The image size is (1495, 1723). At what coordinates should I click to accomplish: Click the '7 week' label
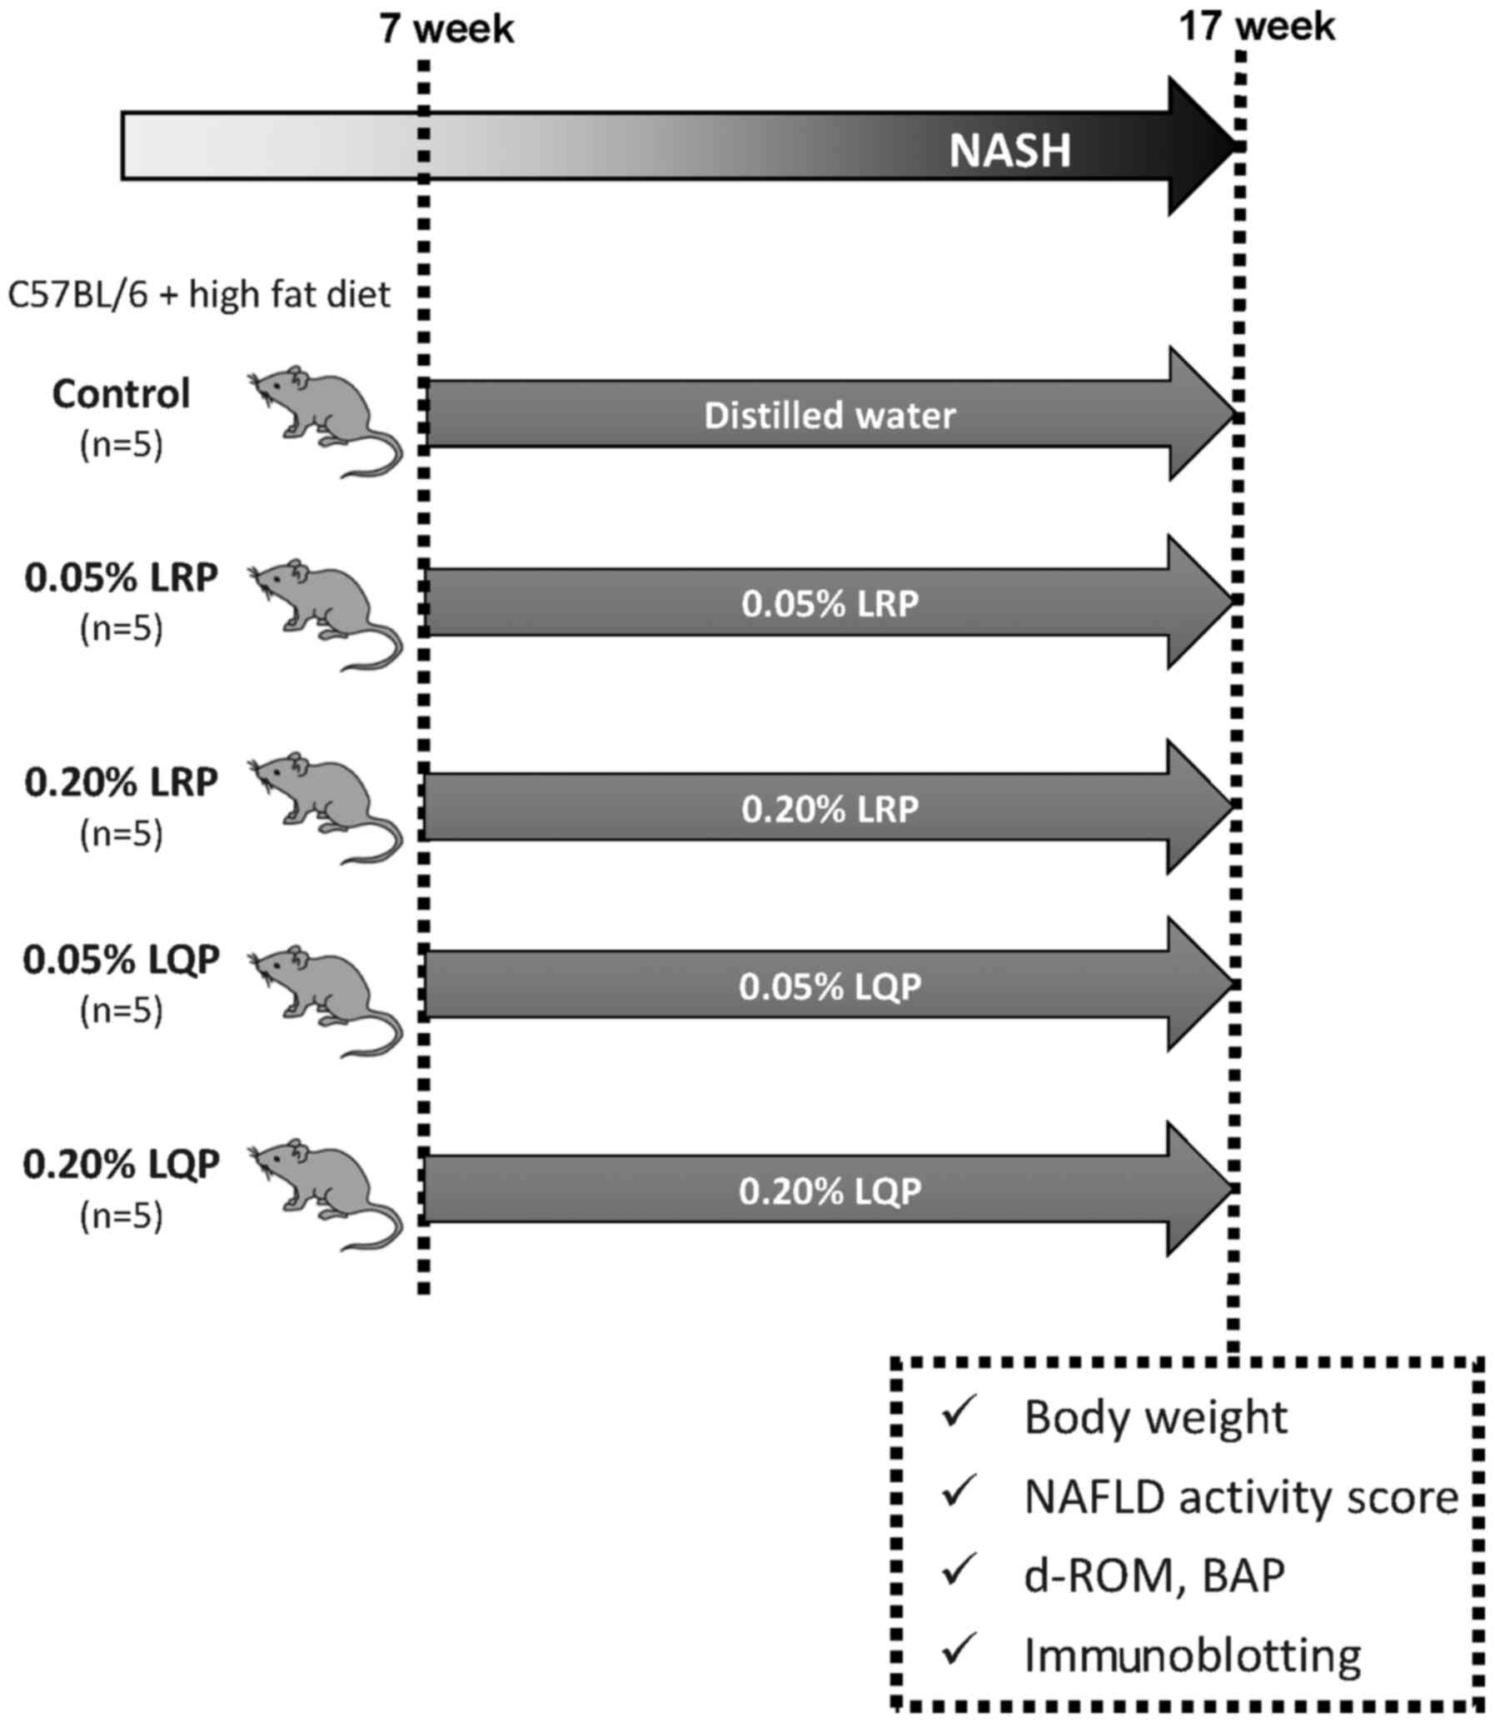(x=446, y=30)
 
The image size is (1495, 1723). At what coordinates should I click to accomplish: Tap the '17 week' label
(x=1257, y=27)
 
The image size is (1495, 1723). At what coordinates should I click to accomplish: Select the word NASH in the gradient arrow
(x=1009, y=151)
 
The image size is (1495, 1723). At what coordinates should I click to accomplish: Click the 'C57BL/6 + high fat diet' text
(x=198, y=296)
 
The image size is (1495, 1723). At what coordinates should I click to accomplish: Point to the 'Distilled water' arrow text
(x=830, y=416)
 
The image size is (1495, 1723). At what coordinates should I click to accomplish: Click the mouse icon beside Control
(x=326, y=421)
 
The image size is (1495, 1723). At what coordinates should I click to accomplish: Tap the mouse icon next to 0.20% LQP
(x=326, y=1194)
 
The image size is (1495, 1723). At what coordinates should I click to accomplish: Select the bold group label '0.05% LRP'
(x=122, y=578)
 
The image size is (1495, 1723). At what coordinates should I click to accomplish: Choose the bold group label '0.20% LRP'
(x=122, y=782)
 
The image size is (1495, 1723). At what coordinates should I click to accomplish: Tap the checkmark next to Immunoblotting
(x=959, y=1647)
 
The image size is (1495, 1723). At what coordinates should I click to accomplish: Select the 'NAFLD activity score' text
(x=1240, y=1499)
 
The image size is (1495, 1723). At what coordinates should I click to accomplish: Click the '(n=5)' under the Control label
(x=122, y=446)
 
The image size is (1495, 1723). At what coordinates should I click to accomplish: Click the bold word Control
(x=122, y=394)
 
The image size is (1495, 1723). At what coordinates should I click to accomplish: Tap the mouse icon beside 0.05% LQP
(x=326, y=1001)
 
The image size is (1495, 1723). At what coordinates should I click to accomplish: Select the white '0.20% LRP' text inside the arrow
(x=830, y=809)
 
